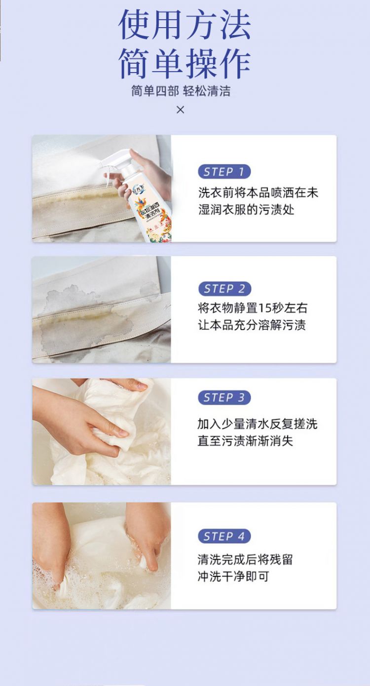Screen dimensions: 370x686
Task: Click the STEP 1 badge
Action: (x=224, y=172)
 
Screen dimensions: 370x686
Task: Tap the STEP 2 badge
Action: (x=224, y=289)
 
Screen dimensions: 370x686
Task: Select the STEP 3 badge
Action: (x=224, y=397)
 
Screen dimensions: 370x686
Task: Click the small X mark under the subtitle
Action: (x=181, y=110)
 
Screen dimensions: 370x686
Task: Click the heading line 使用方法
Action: (x=185, y=25)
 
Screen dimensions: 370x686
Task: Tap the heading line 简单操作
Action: (x=185, y=64)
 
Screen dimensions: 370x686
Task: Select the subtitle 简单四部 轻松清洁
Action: (x=181, y=91)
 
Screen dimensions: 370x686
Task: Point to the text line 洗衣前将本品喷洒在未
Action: (x=258, y=192)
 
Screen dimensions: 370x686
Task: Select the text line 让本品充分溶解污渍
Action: (x=252, y=325)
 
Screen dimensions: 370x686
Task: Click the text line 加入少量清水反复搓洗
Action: (x=258, y=424)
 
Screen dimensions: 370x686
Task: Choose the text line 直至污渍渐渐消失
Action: (x=245, y=441)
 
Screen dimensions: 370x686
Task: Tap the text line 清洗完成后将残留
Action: (x=245, y=560)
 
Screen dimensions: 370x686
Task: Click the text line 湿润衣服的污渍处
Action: (x=246, y=210)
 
